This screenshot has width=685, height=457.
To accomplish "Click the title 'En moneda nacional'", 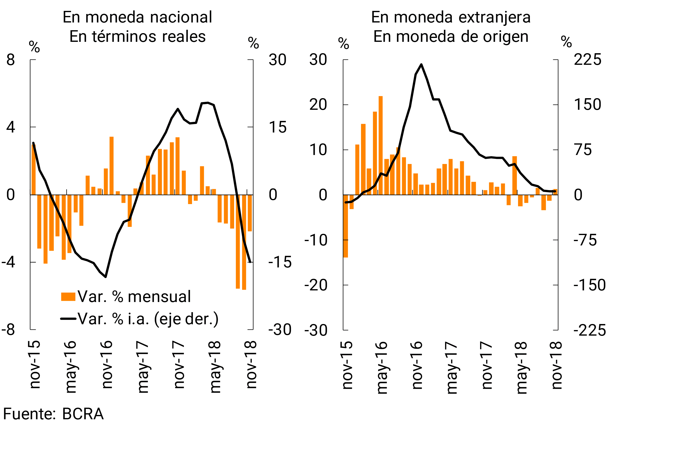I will click(x=137, y=17).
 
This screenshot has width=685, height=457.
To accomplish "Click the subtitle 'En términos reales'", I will click(x=137, y=37).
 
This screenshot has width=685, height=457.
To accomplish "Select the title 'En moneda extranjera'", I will click(x=451, y=17).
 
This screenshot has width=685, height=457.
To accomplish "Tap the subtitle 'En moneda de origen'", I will click(x=451, y=37).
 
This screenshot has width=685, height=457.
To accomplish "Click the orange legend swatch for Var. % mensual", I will click(x=68, y=296).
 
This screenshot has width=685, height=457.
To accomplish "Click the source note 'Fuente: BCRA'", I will click(x=53, y=414).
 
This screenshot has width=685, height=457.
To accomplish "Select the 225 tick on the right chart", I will click(x=587, y=60).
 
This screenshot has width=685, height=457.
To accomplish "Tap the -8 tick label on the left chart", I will click(x=8, y=330).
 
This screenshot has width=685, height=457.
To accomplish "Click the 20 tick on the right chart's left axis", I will click(x=318, y=105).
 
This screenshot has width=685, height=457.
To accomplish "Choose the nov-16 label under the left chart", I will click(x=107, y=364).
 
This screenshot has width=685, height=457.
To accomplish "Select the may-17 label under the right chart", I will click(x=451, y=368).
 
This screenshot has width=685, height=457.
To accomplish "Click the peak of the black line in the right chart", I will click(x=421, y=64).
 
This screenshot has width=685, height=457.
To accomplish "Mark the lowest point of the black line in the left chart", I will click(x=105, y=277).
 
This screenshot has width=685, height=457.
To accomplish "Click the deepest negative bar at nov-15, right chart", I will click(x=346, y=226).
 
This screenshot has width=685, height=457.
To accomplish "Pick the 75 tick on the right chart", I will click(x=583, y=150).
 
